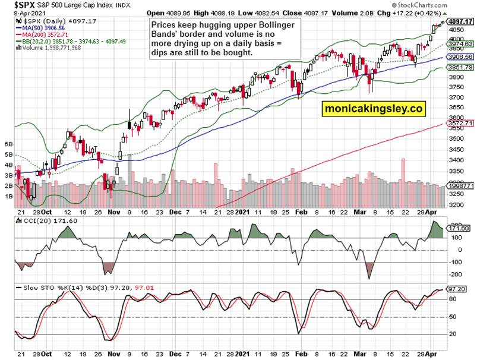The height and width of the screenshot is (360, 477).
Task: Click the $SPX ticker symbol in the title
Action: tap(18, 5)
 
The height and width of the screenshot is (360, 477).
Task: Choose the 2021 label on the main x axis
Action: tap(243, 210)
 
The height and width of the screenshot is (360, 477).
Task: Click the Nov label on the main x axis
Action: tap(115, 210)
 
